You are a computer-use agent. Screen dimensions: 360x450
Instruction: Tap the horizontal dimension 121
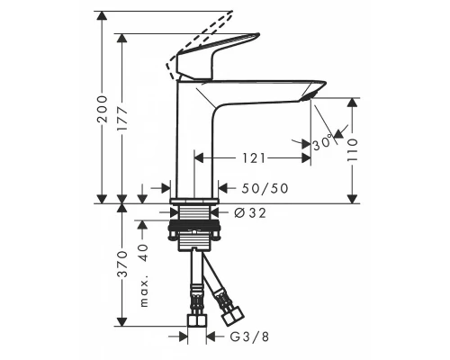click(253, 157)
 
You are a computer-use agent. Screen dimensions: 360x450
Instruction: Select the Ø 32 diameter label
click(248, 212)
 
